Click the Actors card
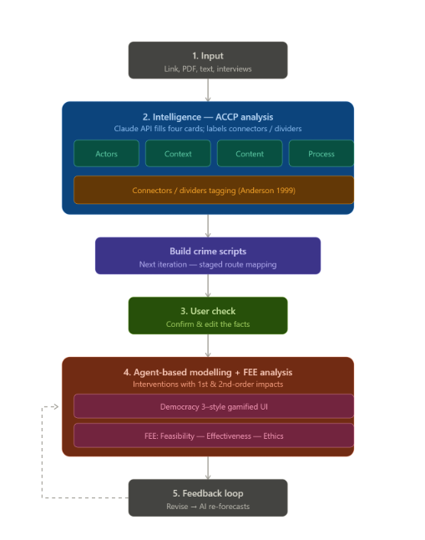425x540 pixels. (x=106, y=154)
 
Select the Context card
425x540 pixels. (x=178, y=154)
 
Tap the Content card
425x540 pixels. (x=250, y=154)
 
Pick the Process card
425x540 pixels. (x=321, y=154)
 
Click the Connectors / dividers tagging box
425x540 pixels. (x=214, y=190)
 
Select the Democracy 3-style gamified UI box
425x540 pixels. (x=214, y=406)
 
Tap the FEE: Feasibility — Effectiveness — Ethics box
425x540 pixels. (x=214, y=436)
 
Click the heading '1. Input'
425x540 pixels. (x=208, y=56)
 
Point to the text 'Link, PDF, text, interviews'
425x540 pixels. (x=208, y=69)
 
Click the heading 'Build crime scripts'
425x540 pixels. (x=208, y=251)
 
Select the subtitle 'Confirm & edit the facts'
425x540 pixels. (x=208, y=324)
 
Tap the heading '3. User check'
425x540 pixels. (x=208, y=311)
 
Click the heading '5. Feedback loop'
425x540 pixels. (x=208, y=493)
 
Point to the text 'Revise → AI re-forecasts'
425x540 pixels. (x=208, y=507)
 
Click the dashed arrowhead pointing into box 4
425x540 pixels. (x=56, y=407)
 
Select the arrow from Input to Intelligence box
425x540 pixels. (x=208, y=90)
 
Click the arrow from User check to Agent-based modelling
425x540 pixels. (x=208, y=345)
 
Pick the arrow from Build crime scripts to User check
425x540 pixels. (x=208, y=286)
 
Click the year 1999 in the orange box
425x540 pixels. (x=286, y=191)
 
